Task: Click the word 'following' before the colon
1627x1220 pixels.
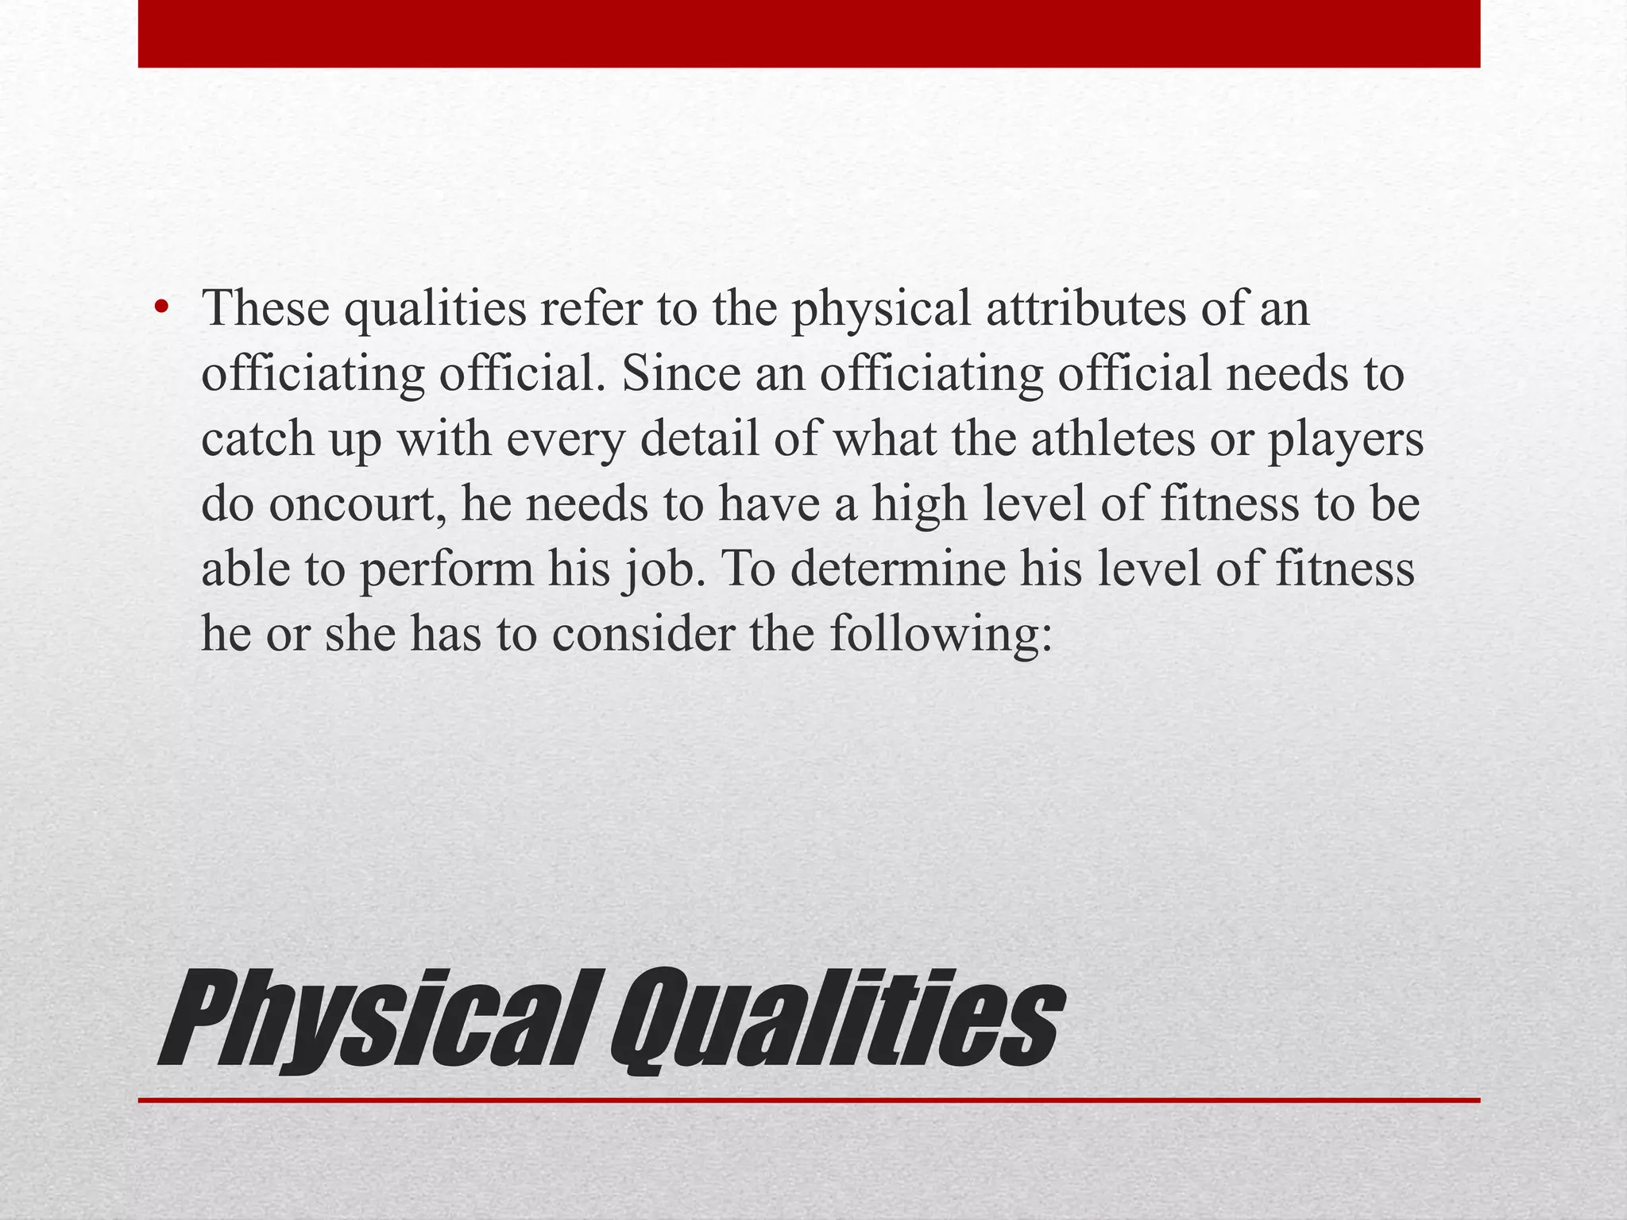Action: (933, 635)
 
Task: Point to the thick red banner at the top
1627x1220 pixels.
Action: (809, 33)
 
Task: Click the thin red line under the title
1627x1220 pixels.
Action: (809, 1100)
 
